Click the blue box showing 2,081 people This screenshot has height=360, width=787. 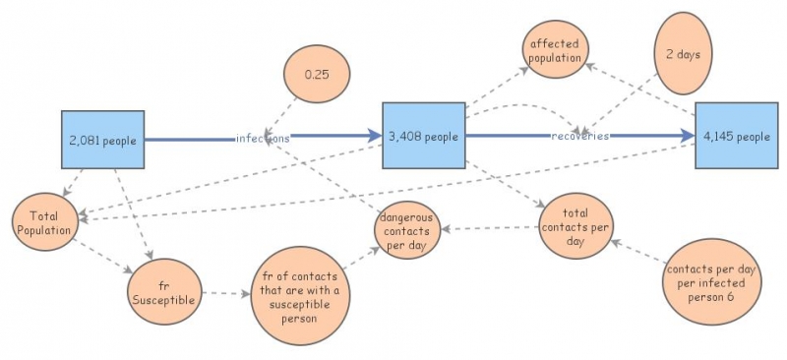[103, 139]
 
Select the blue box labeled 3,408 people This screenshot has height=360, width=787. [423, 136]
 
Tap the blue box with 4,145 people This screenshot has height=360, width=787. [737, 136]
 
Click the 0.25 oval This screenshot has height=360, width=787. [316, 75]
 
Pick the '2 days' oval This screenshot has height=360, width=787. [683, 53]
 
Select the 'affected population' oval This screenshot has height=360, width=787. [556, 51]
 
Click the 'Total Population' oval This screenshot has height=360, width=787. [44, 222]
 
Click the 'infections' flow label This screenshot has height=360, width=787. [263, 139]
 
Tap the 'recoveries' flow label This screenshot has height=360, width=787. [580, 136]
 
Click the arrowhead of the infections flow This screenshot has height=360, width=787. [374, 138]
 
